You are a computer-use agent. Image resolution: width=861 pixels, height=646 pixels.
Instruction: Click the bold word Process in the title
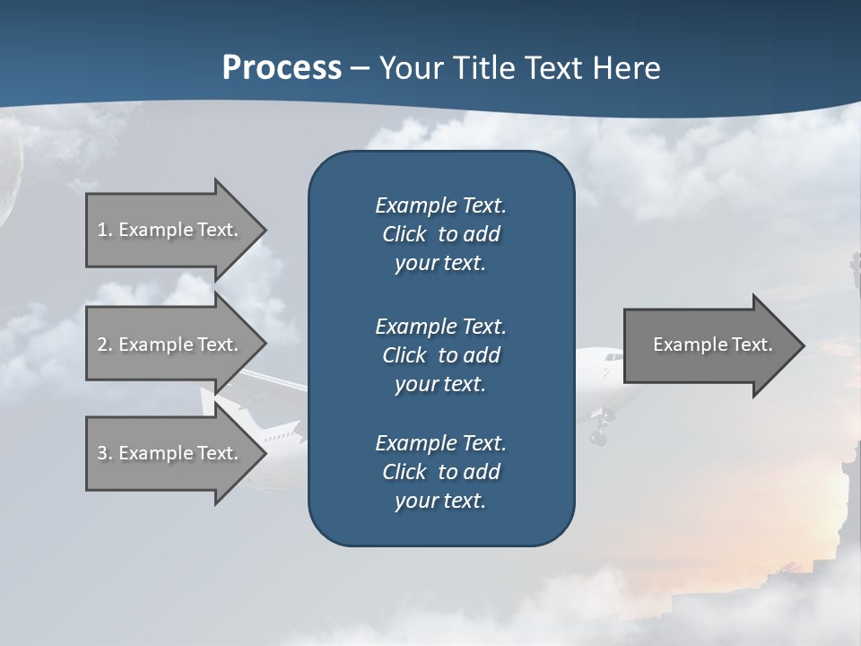282,68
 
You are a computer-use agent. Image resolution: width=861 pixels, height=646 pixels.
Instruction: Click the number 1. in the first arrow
105,230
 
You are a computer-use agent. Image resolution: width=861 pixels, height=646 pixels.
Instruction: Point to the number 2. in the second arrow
105,345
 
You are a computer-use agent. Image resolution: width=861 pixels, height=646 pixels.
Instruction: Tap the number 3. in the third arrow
105,453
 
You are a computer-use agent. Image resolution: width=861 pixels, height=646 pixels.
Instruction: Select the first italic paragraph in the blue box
440,234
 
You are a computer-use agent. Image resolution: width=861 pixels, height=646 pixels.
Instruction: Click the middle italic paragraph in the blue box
440,354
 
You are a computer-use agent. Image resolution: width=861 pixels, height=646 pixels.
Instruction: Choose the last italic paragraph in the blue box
440,472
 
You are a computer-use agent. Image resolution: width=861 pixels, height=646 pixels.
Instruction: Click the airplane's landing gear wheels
598,436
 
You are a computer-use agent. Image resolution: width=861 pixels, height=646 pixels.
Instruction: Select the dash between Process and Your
361,69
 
